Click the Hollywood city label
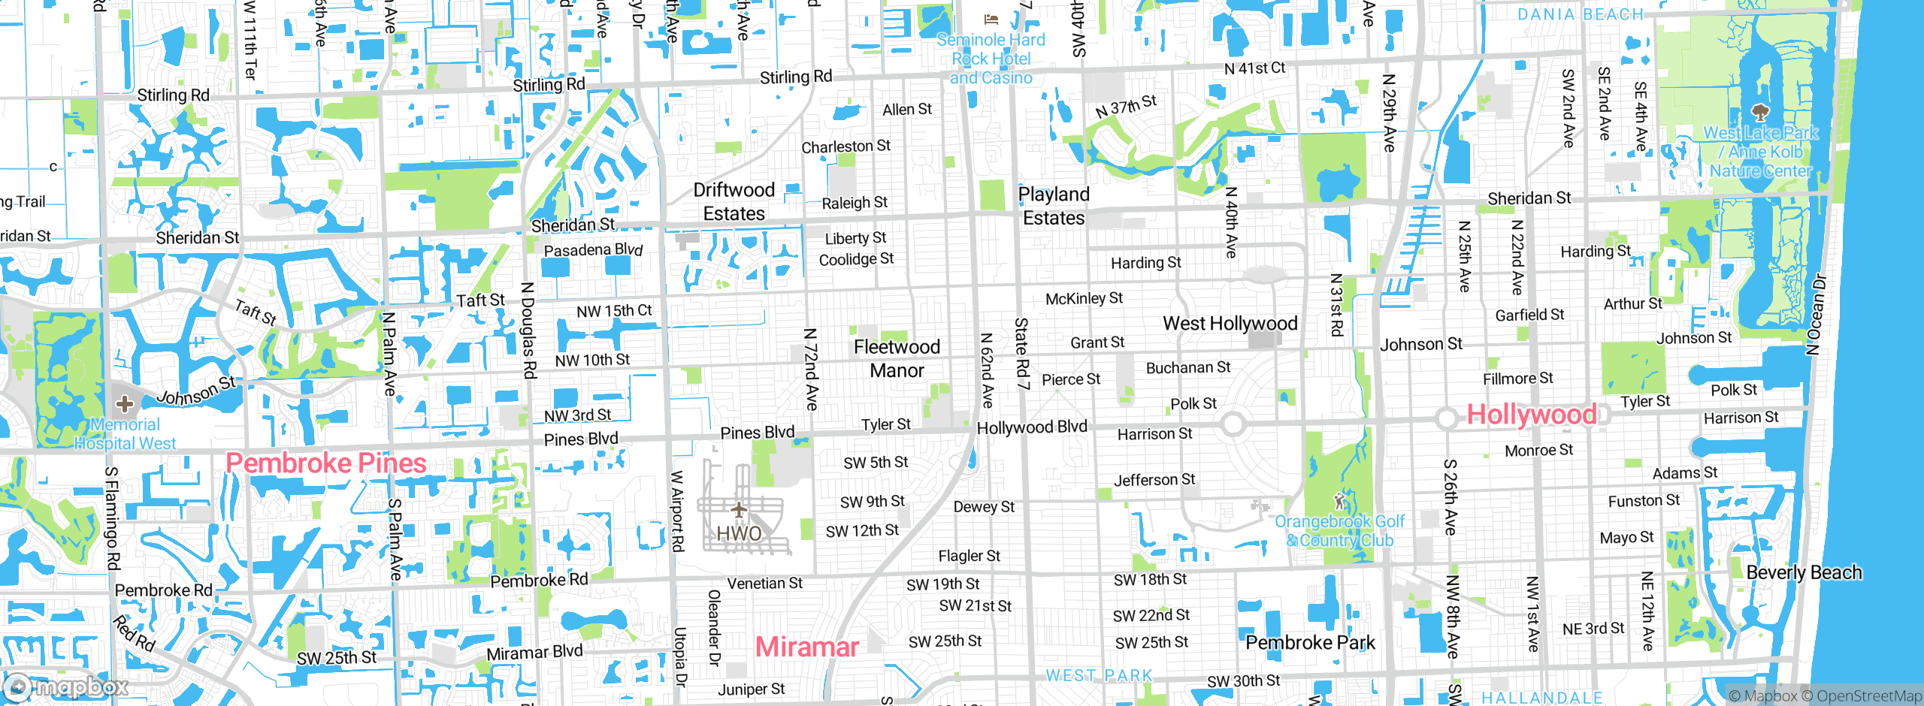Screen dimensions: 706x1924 [1531, 415]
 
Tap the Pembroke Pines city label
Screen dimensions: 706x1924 [326, 463]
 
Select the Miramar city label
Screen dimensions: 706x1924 [806, 647]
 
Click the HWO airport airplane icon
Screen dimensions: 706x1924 [739, 511]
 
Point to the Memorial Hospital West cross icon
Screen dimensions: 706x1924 [125, 404]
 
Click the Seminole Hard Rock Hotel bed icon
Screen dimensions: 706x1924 [991, 20]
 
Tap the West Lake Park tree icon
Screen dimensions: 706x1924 [1759, 113]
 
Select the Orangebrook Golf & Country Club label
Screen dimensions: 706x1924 [1339, 530]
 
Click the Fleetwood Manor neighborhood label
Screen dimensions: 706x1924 [897, 358]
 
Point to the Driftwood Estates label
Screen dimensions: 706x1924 [734, 201]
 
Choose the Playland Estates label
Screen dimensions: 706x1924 [1054, 206]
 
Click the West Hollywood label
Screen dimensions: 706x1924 [1230, 324]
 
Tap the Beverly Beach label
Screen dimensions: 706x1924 [1804, 572]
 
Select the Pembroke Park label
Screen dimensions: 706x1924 [1310, 643]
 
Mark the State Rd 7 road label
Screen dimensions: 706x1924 [1021, 353]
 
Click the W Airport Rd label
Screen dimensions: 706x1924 [677, 511]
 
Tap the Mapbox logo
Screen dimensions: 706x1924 [66, 686]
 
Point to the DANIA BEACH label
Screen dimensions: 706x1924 [1580, 14]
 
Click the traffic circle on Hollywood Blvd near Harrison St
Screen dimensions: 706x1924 [1233, 424]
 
